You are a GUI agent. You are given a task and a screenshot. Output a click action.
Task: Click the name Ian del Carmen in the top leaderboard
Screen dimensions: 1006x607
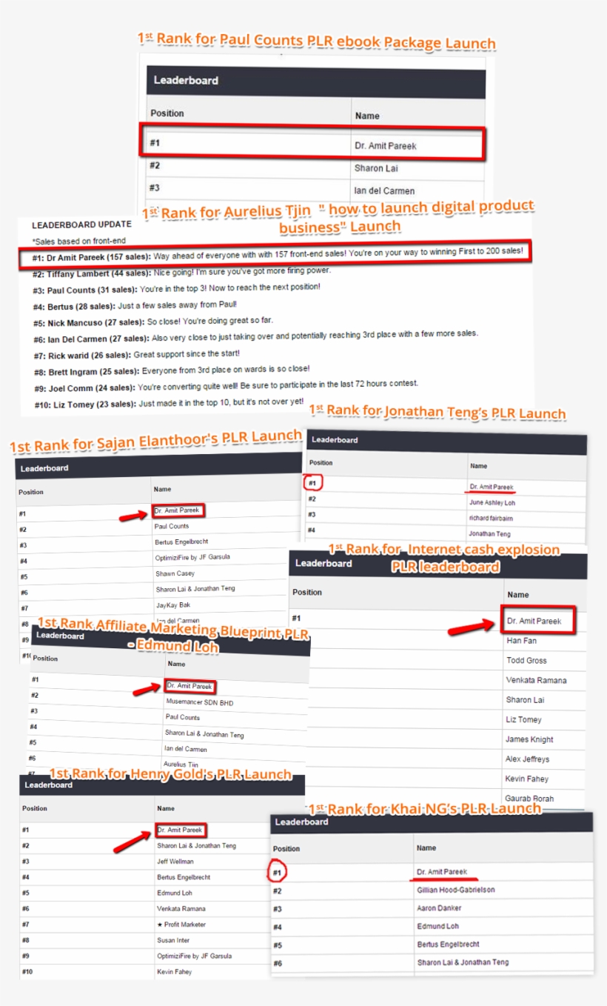pyautogui.click(x=383, y=190)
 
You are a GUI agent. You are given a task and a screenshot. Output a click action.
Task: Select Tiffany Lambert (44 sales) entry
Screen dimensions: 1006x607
pyautogui.click(x=90, y=273)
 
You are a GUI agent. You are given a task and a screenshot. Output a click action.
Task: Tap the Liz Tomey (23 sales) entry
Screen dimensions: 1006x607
pyautogui.click(x=84, y=404)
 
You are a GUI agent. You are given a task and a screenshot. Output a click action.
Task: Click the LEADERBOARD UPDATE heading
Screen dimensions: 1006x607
pyautogui.click(x=81, y=224)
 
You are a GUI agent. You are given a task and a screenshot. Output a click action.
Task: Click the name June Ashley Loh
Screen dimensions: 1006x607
pyautogui.click(x=492, y=502)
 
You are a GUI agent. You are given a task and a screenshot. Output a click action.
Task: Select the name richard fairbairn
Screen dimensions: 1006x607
pyautogui.click(x=490, y=518)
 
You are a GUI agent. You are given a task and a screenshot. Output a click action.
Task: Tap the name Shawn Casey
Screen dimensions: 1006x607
pyautogui.click(x=175, y=573)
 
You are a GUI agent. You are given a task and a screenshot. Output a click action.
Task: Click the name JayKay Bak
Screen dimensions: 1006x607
pyautogui.click(x=172, y=605)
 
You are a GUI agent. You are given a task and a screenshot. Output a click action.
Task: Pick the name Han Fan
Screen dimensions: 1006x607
pyautogui.click(x=521, y=640)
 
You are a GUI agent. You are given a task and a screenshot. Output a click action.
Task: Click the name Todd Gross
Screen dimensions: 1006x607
pyautogui.click(x=526, y=660)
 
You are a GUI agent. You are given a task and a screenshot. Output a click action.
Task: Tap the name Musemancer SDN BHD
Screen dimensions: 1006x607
pyautogui.click(x=199, y=702)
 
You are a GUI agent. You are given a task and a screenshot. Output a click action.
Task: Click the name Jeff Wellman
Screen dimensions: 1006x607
pyautogui.click(x=175, y=862)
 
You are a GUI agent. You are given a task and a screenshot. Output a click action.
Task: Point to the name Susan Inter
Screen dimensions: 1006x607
pyautogui.click(x=172, y=940)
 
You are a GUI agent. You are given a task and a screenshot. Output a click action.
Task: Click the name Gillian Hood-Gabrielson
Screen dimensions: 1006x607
pyautogui.click(x=455, y=890)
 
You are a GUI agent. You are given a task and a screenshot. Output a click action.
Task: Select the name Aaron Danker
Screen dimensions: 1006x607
pyautogui.click(x=439, y=908)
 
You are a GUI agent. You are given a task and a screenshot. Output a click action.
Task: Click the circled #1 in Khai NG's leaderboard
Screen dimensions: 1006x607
pyautogui.click(x=277, y=873)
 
